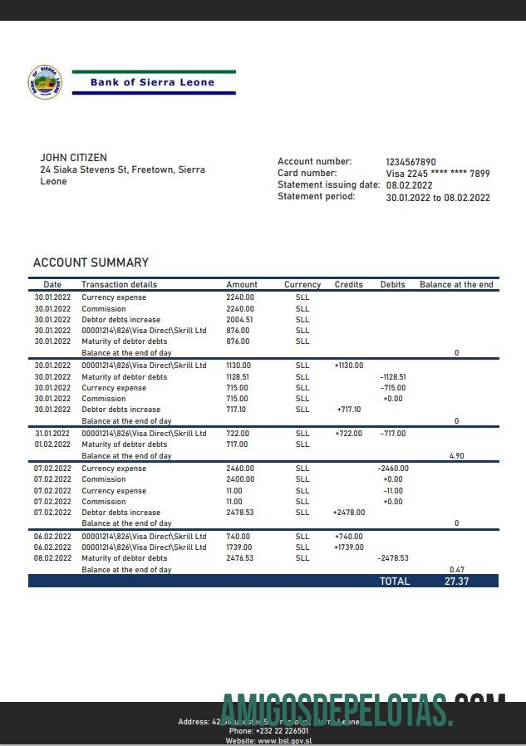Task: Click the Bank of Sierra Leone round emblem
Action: (x=45, y=82)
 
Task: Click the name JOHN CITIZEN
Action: (x=73, y=158)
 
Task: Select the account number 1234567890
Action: (x=410, y=162)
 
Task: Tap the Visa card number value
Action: (x=438, y=174)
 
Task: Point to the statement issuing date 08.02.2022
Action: (x=409, y=185)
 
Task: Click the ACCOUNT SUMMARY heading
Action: (x=91, y=263)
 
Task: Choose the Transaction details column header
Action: (x=119, y=284)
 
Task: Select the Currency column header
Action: (x=302, y=284)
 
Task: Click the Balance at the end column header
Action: (x=456, y=284)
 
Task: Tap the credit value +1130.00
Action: (x=349, y=366)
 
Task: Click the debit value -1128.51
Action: (x=393, y=376)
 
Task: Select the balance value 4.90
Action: (x=456, y=456)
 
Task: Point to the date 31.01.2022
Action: (x=52, y=434)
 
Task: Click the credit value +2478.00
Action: (x=349, y=513)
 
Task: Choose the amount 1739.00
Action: (x=240, y=547)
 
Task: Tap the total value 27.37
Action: (x=456, y=582)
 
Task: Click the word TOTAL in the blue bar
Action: (x=395, y=582)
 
